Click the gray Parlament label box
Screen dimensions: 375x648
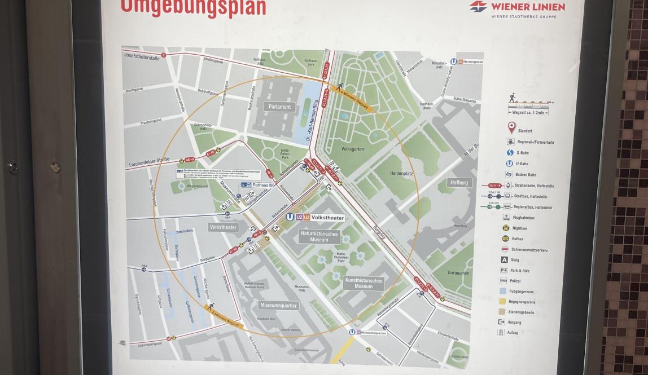click(x=280, y=107)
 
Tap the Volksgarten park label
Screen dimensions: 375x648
click(x=353, y=150)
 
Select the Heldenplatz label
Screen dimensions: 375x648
click(x=402, y=173)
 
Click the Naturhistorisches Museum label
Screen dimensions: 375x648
click(x=319, y=236)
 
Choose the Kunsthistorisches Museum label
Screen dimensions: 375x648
click(x=364, y=283)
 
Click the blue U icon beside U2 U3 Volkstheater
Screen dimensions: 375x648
click(x=290, y=217)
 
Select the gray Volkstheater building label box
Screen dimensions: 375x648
click(x=224, y=227)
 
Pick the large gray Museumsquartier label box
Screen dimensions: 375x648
click(x=278, y=305)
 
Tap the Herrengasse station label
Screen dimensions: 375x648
click(x=473, y=61)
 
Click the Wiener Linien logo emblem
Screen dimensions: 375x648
click(x=478, y=7)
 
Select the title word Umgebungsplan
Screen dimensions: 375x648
click(x=193, y=7)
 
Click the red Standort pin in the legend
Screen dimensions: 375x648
click(x=511, y=127)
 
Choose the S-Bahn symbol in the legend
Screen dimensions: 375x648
click(x=510, y=153)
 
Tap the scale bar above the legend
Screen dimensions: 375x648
click(x=531, y=103)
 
